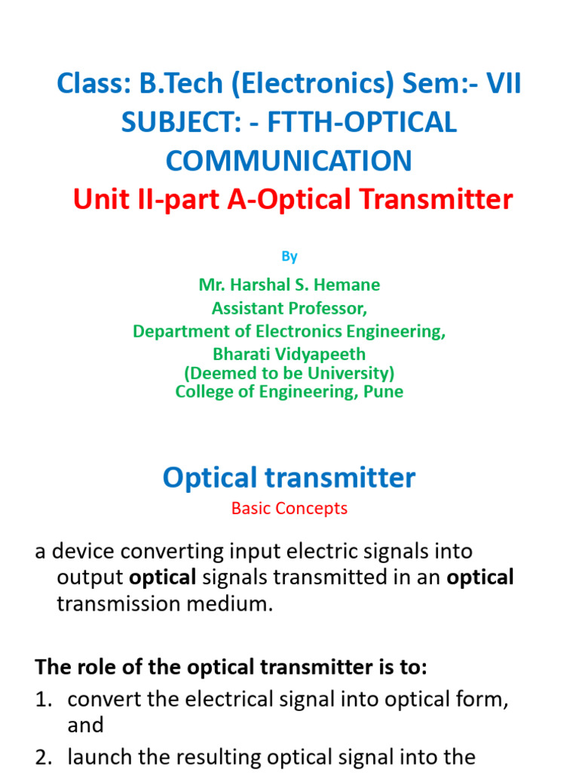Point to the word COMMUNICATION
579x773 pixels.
pos(289,160)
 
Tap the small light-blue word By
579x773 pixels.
pos(289,257)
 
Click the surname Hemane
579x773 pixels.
pos(351,285)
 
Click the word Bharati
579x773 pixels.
pos(244,354)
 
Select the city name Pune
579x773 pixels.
pos(384,392)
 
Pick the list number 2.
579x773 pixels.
pos(42,757)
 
